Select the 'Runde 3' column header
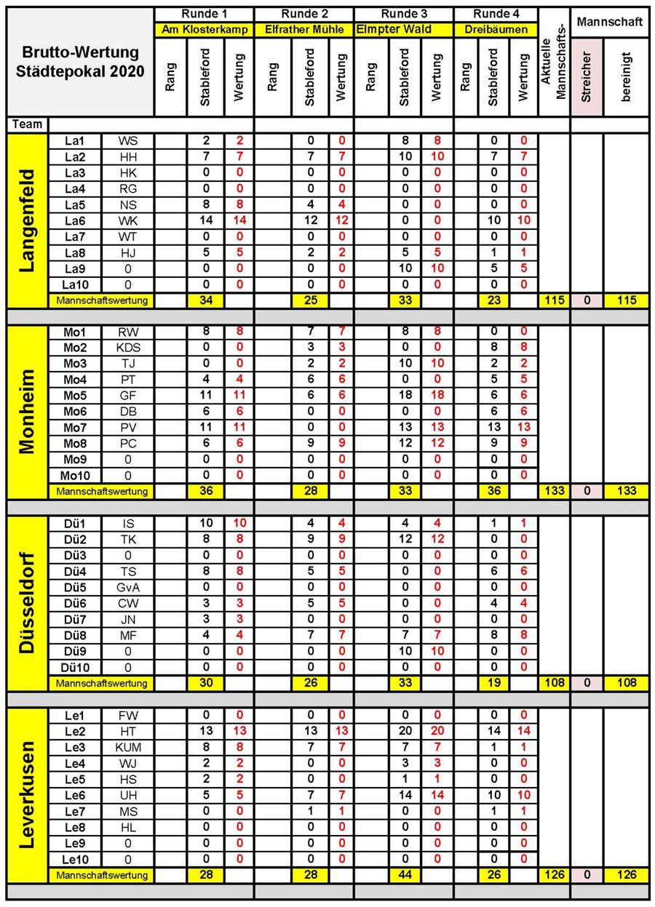[402, 14]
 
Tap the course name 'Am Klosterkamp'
[204, 30]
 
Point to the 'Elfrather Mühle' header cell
[303, 30]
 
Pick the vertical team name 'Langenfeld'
[27, 220]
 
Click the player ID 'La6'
[74, 220]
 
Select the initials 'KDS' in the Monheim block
[127, 347]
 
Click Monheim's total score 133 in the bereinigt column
[625, 491]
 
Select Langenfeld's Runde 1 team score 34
[205, 300]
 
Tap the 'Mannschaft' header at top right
[609, 23]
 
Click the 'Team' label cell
[26, 124]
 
